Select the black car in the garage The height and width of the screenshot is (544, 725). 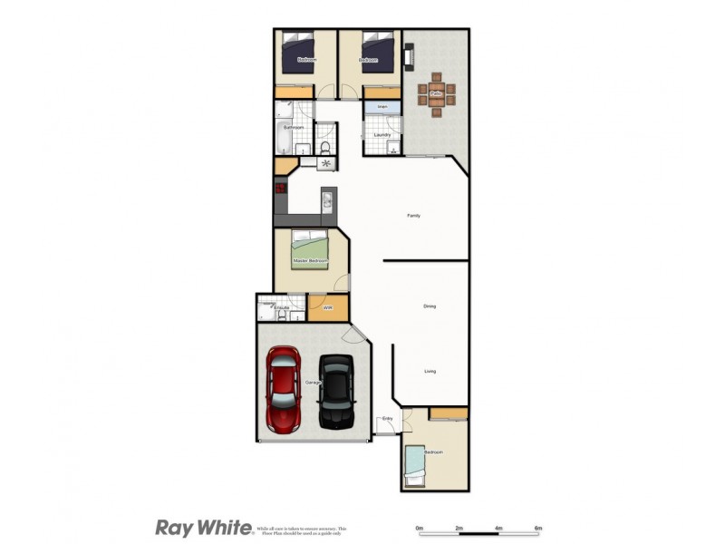pos(336,391)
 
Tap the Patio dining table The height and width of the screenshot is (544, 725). pos(436,92)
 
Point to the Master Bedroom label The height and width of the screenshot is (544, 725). pos(309,261)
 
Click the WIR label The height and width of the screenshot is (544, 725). pos(328,308)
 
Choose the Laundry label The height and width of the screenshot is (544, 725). pos(382,135)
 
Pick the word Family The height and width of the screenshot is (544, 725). pos(413,216)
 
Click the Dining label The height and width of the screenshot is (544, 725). pos(430,306)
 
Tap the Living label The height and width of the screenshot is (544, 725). pos(431,371)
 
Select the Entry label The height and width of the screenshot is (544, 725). pos(387,418)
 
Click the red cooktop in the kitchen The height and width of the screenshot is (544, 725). pos(281,189)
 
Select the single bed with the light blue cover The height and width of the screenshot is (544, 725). pos(415,464)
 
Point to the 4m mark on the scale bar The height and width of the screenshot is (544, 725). pos(498,528)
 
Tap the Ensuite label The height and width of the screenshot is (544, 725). pos(281,308)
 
